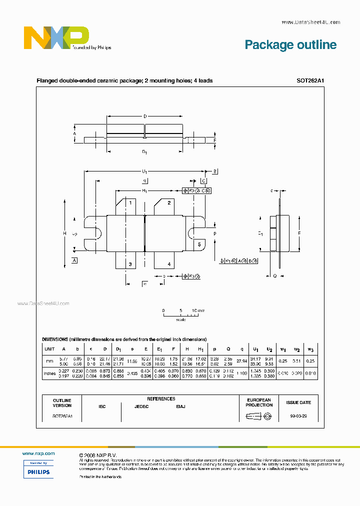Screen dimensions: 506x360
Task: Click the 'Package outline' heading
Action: pyautogui.click(x=290, y=45)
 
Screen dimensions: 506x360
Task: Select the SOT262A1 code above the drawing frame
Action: pyautogui.click(x=310, y=80)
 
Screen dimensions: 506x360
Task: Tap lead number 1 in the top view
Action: pyautogui.click(x=130, y=203)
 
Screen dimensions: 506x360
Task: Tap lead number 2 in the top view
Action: pyautogui.click(x=169, y=203)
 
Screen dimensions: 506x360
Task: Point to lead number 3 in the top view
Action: pyautogui.click(x=130, y=264)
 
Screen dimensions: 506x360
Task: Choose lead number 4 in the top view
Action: pyautogui.click(x=169, y=264)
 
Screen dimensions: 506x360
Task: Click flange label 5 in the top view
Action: pyautogui.click(x=199, y=244)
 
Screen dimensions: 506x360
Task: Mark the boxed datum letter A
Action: pyautogui.click(x=74, y=261)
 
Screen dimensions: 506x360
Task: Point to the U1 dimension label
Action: pyautogui.click(x=145, y=171)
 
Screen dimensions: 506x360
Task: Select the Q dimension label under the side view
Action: pyautogui.click(x=274, y=275)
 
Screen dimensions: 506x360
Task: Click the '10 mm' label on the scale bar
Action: pyautogui.click(x=198, y=310)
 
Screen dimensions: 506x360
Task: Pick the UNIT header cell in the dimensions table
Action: pyautogui.click(x=49, y=349)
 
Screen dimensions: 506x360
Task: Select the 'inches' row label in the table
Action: pyautogui.click(x=49, y=374)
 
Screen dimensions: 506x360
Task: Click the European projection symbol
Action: pyautogui.click(x=258, y=416)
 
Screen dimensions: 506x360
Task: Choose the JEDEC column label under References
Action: pyautogui.click(x=141, y=406)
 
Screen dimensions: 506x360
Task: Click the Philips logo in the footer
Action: pyautogui.click(x=38, y=471)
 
